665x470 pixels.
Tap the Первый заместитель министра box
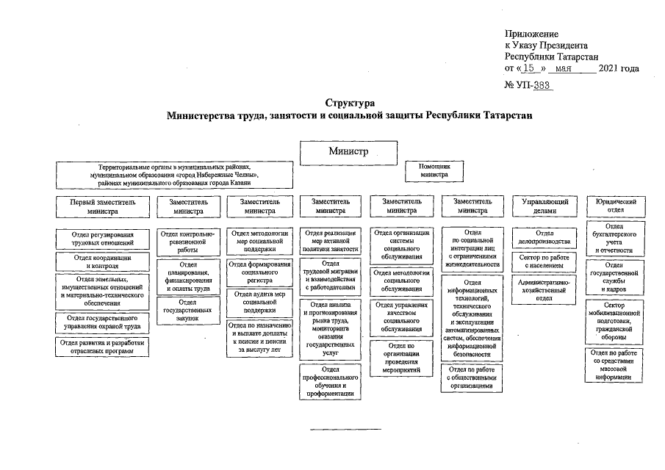tap(102, 206)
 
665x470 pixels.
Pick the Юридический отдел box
tap(615, 205)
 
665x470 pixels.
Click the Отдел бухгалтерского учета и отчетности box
tap(615, 239)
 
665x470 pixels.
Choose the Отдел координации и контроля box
tap(102, 262)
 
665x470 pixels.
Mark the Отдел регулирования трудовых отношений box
tap(102, 238)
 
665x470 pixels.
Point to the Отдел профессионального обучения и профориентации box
tap(330, 382)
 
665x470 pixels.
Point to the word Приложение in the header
tap(531, 34)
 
